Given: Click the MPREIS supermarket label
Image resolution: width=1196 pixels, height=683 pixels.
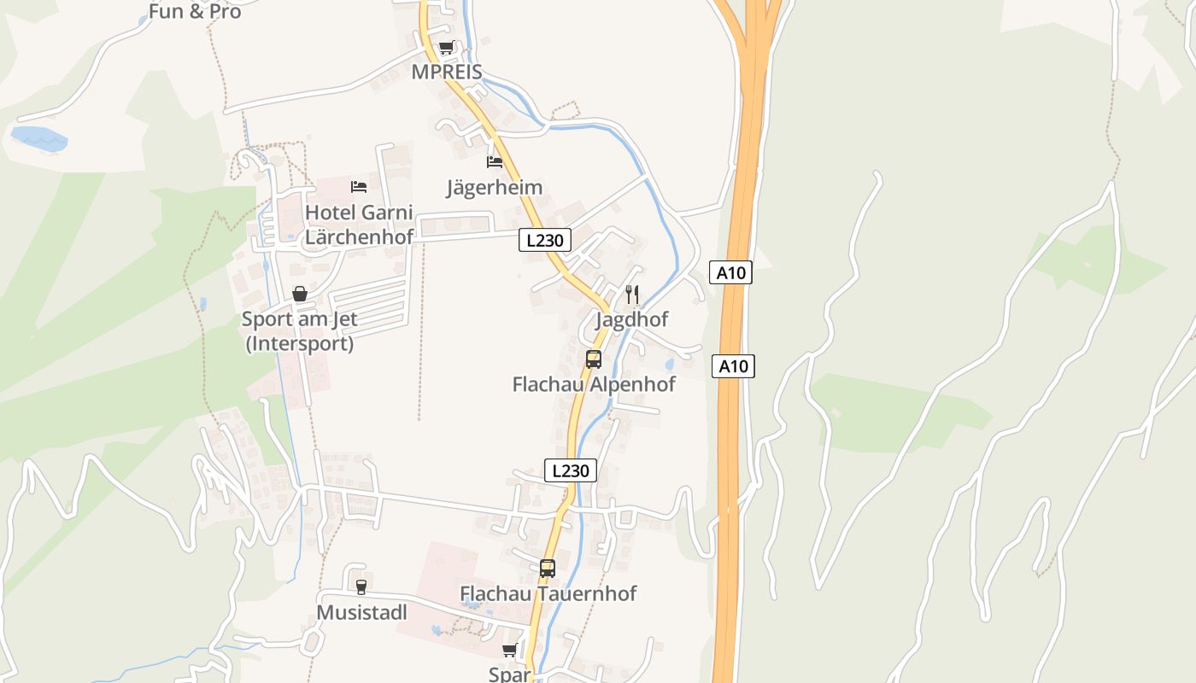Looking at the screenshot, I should [x=447, y=72].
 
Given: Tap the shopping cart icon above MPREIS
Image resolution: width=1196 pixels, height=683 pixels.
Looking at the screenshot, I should [x=446, y=48].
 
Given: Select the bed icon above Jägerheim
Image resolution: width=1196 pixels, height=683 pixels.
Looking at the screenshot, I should [x=495, y=161].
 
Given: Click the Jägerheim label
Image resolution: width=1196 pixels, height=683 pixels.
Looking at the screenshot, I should [x=495, y=187].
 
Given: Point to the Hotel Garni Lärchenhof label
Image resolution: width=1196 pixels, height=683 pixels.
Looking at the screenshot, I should [x=359, y=225].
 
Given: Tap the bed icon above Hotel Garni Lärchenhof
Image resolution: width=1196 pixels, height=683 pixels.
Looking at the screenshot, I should [x=359, y=186].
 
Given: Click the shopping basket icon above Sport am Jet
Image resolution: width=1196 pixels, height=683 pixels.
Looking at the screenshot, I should [x=300, y=294].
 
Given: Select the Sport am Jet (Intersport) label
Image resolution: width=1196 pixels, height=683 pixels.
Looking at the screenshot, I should [x=299, y=331].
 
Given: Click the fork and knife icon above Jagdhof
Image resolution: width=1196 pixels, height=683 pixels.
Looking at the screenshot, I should [x=632, y=295].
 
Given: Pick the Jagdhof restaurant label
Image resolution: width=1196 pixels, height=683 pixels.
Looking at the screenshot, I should [x=632, y=319].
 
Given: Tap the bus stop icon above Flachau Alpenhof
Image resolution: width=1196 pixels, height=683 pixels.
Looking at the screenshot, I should [x=594, y=359].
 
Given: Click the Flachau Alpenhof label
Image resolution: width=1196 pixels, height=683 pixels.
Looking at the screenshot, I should [x=594, y=384].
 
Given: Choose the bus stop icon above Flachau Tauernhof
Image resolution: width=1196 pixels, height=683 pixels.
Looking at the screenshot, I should [x=548, y=568].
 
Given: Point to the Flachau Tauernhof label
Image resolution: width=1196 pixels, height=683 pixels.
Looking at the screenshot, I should [x=548, y=593].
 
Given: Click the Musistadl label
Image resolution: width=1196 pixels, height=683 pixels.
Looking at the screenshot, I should [x=361, y=613].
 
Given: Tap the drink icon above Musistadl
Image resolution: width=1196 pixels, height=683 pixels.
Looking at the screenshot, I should [x=361, y=587].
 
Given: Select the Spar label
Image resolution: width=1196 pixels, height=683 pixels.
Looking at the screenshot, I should [x=510, y=674].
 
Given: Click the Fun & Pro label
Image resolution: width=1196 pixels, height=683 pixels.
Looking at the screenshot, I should [x=195, y=12].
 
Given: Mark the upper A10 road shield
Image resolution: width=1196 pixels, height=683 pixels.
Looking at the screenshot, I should [x=730, y=273].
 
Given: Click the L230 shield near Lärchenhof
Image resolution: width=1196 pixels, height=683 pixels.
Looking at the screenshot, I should [x=545, y=241].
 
